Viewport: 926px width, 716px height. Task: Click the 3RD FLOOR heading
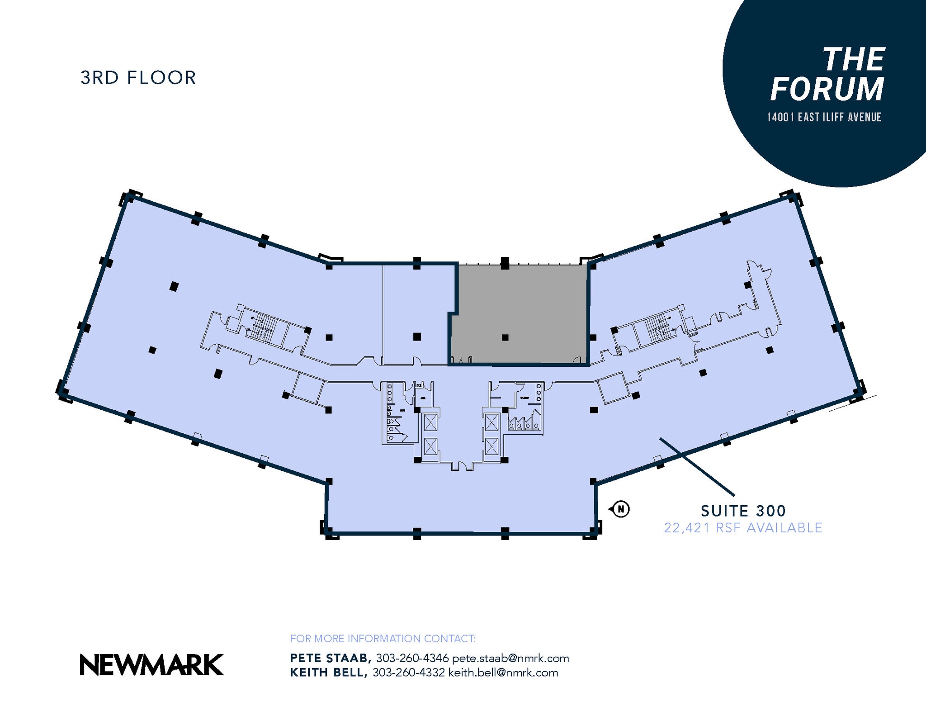tap(138, 78)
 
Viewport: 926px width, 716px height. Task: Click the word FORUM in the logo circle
tap(827, 89)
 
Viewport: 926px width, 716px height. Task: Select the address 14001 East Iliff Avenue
tap(824, 117)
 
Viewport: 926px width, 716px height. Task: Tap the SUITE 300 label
tap(743, 511)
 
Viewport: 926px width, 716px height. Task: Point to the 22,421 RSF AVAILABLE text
tap(743, 528)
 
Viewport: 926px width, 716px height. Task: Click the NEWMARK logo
tap(151, 665)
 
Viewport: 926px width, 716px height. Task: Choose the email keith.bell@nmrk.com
tap(503, 673)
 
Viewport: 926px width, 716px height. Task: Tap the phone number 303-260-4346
tap(412, 658)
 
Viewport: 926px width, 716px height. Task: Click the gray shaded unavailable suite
tap(520, 308)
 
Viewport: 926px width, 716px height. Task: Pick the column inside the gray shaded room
tap(505, 337)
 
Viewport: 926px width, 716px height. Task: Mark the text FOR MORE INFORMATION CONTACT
tap(383, 639)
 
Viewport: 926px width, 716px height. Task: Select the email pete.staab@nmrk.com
tap(510, 658)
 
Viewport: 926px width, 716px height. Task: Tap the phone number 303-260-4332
tap(408, 673)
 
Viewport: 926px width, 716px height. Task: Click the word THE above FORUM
tap(853, 60)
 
